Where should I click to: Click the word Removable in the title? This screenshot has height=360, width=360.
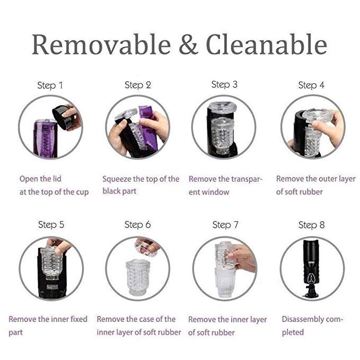pyautogui.click(x=101, y=45)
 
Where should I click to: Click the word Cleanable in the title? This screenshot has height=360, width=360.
pyautogui.click(x=267, y=45)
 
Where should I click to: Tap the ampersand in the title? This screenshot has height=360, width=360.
pyautogui.click(x=188, y=45)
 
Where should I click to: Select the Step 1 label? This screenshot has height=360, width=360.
pyautogui.click(x=50, y=85)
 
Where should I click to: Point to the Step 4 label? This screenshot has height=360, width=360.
pyautogui.click(x=311, y=85)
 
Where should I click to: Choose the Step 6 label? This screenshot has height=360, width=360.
pyautogui.click(x=137, y=225)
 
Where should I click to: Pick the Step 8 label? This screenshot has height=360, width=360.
pyautogui.click(x=312, y=225)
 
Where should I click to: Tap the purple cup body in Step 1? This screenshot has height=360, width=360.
pyautogui.click(x=45, y=138)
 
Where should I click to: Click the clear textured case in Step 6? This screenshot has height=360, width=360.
pyautogui.click(x=137, y=277)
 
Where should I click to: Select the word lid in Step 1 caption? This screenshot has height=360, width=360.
pyautogui.click(x=57, y=179)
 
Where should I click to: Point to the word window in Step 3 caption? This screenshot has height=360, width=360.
pyautogui.click(x=215, y=192)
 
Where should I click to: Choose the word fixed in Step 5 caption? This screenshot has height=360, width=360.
pyautogui.click(x=79, y=319)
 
